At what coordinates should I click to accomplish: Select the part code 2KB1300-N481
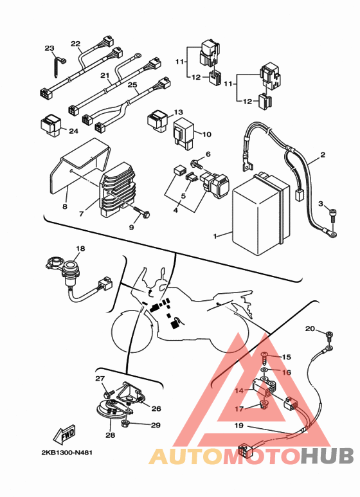(x=67, y=453)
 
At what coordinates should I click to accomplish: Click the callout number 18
(x=80, y=248)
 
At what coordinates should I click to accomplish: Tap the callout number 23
(x=50, y=48)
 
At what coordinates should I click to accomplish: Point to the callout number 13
(x=179, y=113)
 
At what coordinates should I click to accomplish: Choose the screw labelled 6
(x=197, y=165)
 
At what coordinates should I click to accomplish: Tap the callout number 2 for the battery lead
(x=323, y=155)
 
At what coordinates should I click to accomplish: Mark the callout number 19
(x=239, y=425)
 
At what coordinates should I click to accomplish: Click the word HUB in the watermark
(x=327, y=456)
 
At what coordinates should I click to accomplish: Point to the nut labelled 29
(x=125, y=423)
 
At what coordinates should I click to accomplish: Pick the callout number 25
(x=132, y=85)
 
